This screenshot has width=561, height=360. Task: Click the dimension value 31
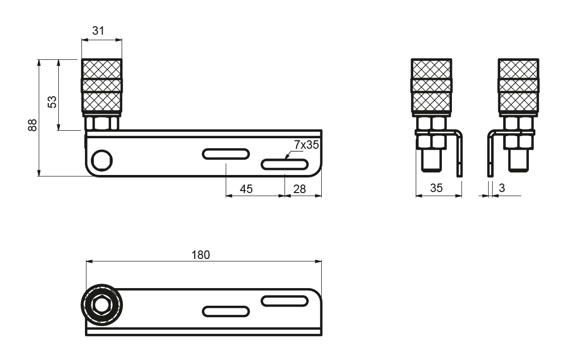[x=99, y=31]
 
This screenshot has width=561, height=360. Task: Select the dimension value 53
[x=52, y=102]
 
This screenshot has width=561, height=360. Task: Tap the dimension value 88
[x=33, y=125]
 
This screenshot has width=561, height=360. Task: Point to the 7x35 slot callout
[x=306, y=145]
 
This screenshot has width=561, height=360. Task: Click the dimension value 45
[x=246, y=189]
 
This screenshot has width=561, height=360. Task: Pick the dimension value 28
[x=300, y=189]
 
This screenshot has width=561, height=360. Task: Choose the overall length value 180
[x=201, y=254]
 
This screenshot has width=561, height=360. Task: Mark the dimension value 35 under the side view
[x=436, y=189]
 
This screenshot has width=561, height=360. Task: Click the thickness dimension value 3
[x=502, y=189]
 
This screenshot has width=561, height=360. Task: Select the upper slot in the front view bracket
[x=226, y=153]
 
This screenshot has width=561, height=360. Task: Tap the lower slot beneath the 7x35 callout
[x=285, y=164]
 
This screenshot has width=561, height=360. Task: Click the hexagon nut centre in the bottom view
[x=102, y=305]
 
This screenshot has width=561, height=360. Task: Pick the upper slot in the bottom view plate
[x=284, y=301]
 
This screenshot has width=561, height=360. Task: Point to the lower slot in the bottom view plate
[x=226, y=311]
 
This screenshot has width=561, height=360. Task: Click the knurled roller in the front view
[x=102, y=86]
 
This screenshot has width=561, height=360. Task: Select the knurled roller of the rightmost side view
[x=519, y=86]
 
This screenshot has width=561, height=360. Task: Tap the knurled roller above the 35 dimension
[x=431, y=86]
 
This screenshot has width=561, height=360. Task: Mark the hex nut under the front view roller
[x=102, y=123]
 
